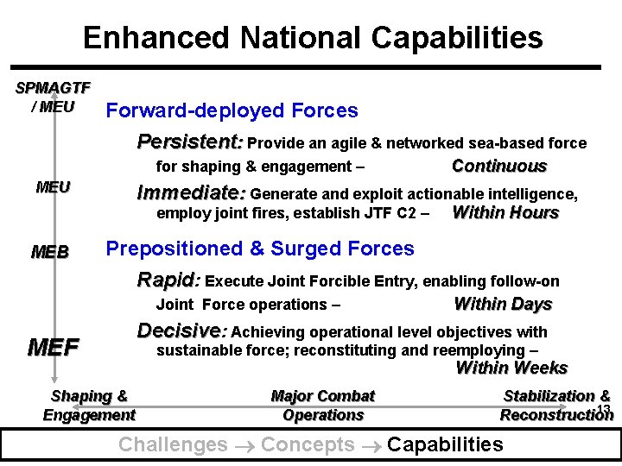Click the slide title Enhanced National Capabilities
pos(313,37)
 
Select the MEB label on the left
pos(49,252)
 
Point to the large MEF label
pos(54,348)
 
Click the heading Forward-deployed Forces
pos(231,110)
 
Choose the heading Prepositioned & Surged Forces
pos(259,249)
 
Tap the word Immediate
pos(191,192)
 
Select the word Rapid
pos(168,280)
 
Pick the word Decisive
pos(181,331)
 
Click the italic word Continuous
pos(499,166)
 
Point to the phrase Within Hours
pos(505,212)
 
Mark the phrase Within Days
pos(503,304)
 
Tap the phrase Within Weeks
pos(511,368)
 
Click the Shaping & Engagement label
pos(89,406)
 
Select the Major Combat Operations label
pos(323,406)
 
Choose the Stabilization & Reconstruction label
pos(556,406)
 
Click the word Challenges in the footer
pos(173,444)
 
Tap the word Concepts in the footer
pos(308,444)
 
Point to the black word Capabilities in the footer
pos(445,444)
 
